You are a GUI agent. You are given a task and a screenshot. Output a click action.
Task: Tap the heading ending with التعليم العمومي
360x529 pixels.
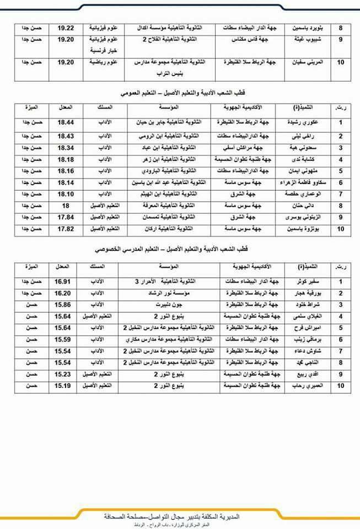coord(182,88)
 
